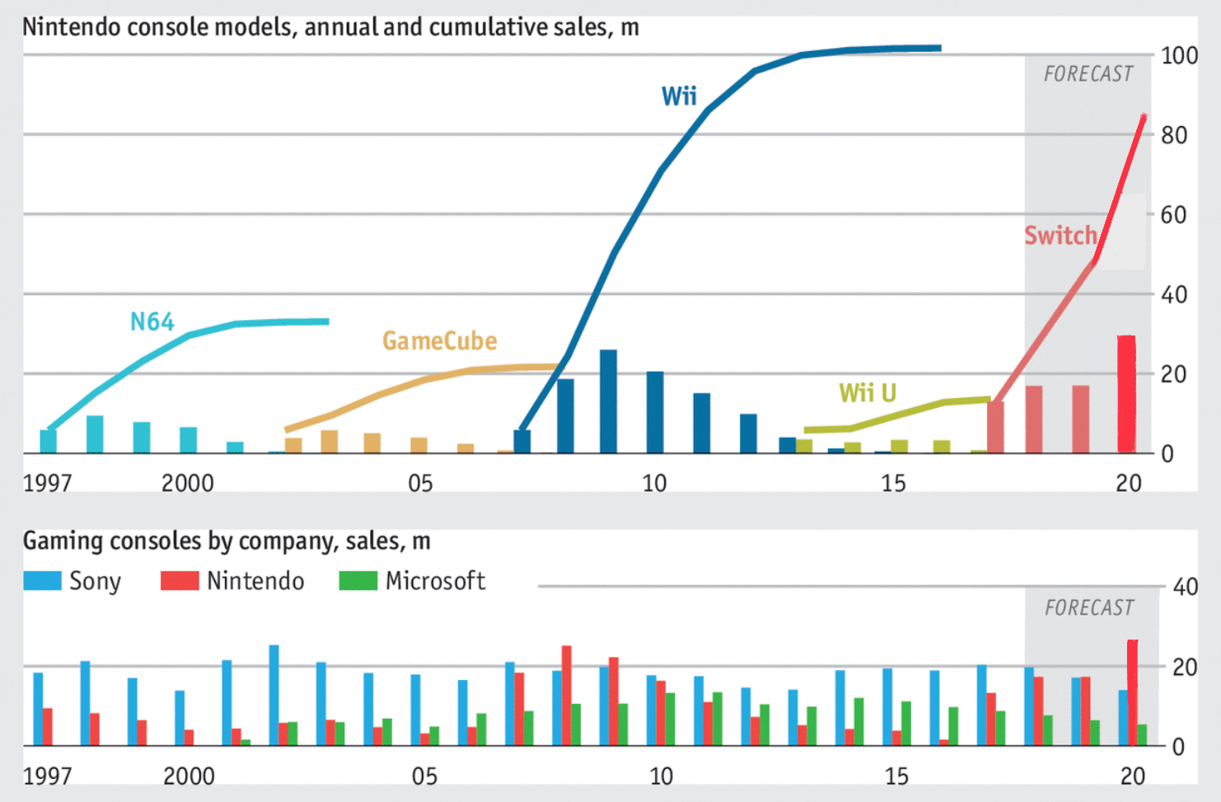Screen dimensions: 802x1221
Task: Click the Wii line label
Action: point(679,96)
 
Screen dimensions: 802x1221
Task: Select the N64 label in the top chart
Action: point(152,321)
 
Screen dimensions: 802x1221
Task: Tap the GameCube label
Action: point(439,340)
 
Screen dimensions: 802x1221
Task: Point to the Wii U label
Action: point(867,392)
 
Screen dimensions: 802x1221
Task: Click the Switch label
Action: point(1060,236)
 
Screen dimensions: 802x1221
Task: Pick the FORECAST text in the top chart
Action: point(1088,74)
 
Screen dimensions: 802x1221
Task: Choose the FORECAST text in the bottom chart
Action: point(1088,608)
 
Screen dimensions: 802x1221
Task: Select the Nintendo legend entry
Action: point(232,581)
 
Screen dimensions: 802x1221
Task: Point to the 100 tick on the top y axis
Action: point(1179,56)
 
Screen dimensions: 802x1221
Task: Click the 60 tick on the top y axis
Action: point(1173,215)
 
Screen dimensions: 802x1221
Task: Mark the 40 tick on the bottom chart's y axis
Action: point(1185,588)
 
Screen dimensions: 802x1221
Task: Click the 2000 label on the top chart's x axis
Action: point(187,483)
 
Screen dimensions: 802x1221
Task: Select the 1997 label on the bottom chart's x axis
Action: point(47,776)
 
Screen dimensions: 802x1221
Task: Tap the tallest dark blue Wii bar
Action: point(608,401)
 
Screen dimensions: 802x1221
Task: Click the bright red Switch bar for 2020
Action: point(1126,394)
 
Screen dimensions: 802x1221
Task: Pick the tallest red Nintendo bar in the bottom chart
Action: point(1133,692)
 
